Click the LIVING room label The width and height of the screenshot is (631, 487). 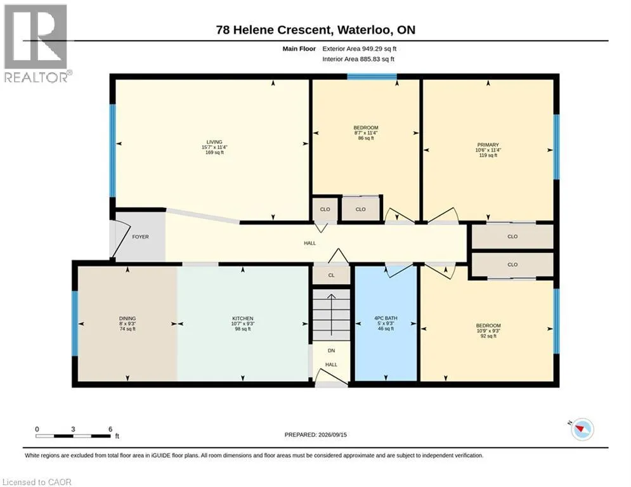click(x=214, y=142)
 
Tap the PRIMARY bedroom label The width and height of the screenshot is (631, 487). click(x=488, y=145)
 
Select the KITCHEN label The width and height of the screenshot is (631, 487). click(x=243, y=318)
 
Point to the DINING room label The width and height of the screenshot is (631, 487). click(x=127, y=318)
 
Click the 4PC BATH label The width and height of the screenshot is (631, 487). click(x=386, y=318)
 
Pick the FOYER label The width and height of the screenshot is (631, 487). click(x=140, y=237)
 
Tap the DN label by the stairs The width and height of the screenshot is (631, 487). click(x=331, y=351)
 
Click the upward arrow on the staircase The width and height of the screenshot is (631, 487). click(x=331, y=315)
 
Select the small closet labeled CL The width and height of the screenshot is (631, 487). click(x=331, y=275)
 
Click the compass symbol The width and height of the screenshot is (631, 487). click(x=582, y=429)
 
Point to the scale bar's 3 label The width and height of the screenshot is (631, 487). click(x=73, y=429)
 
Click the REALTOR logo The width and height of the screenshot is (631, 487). click(x=36, y=43)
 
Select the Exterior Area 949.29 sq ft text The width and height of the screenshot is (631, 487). click(x=360, y=49)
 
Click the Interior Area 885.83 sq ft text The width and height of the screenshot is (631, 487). click(x=358, y=59)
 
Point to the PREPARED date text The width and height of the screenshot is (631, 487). click(x=316, y=434)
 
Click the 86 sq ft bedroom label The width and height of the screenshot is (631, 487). click(x=366, y=138)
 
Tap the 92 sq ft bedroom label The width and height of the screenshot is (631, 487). click(x=488, y=336)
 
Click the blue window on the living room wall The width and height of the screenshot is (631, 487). click(x=113, y=151)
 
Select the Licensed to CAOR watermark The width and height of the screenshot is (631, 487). click(x=37, y=482)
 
